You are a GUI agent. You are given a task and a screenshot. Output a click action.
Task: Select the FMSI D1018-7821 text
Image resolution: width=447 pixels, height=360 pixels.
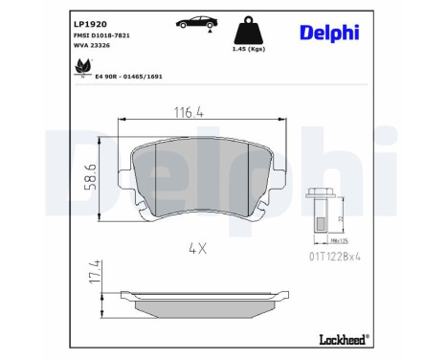pyautogui.click(x=104, y=34)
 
